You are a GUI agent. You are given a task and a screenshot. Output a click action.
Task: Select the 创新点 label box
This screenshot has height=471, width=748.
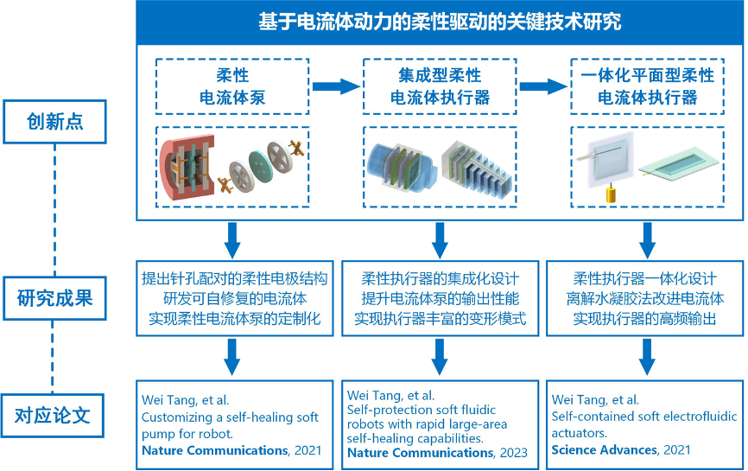[54, 122]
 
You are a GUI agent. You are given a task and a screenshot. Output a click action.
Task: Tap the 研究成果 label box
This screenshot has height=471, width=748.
[54, 300]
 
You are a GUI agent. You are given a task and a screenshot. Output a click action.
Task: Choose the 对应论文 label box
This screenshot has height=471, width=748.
[54, 415]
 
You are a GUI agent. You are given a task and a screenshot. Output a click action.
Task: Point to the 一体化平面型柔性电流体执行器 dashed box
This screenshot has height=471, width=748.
[647, 86]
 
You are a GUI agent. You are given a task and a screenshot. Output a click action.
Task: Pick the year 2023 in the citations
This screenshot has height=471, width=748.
[514, 452]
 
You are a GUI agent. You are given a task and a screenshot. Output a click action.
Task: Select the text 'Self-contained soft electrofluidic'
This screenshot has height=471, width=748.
[643, 417]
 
